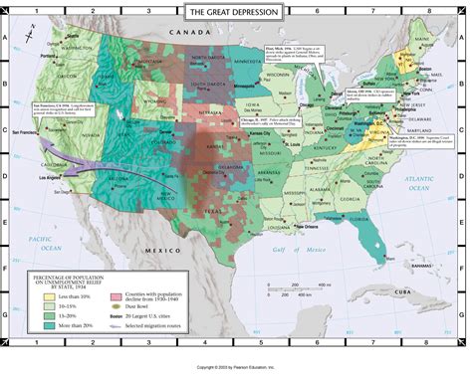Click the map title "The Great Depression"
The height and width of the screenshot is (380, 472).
click(236, 11)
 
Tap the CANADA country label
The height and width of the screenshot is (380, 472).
click(185, 32)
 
